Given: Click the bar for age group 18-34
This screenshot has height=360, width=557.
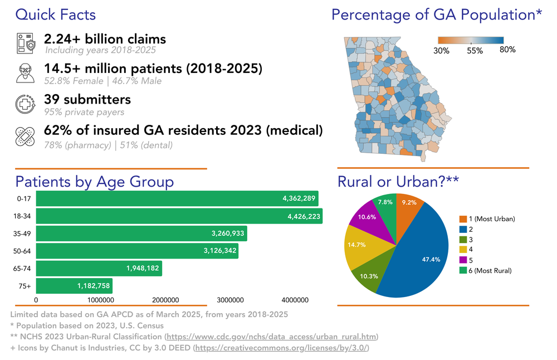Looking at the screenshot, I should pyautogui.click(x=179, y=216).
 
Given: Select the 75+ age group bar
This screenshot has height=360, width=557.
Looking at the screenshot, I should pyautogui.click(x=74, y=286).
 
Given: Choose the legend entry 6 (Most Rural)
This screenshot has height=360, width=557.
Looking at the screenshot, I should pyautogui.click(x=485, y=270).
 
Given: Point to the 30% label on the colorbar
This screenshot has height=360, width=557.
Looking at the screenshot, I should pyautogui.click(x=441, y=50).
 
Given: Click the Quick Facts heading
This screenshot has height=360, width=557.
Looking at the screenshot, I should pyautogui.click(x=55, y=14).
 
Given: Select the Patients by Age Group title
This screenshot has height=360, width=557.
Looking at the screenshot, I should pyautogui.click(x=94, y=182).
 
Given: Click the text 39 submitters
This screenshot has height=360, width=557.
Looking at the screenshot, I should pyautogui.click(x=87, y=99).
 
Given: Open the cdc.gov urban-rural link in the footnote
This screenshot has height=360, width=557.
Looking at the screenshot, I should pyautogui.click(x=272, y=337).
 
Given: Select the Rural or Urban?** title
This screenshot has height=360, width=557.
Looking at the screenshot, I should pyautogui.click(x=398, y=182).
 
